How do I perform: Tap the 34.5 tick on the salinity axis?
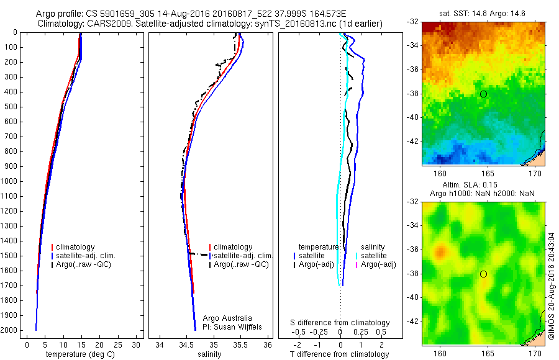(x=186, y=344)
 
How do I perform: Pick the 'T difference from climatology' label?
(x=339, y=354)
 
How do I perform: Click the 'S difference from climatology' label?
(x=340, y=323)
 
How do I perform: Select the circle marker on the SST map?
(x=483, y=94)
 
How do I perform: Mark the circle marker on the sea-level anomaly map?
(x=483, y=274)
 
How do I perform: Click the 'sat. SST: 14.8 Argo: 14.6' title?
(x=483, y=13)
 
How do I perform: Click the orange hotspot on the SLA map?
(x=440, y=251)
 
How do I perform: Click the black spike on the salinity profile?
(x=199, y=254)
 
